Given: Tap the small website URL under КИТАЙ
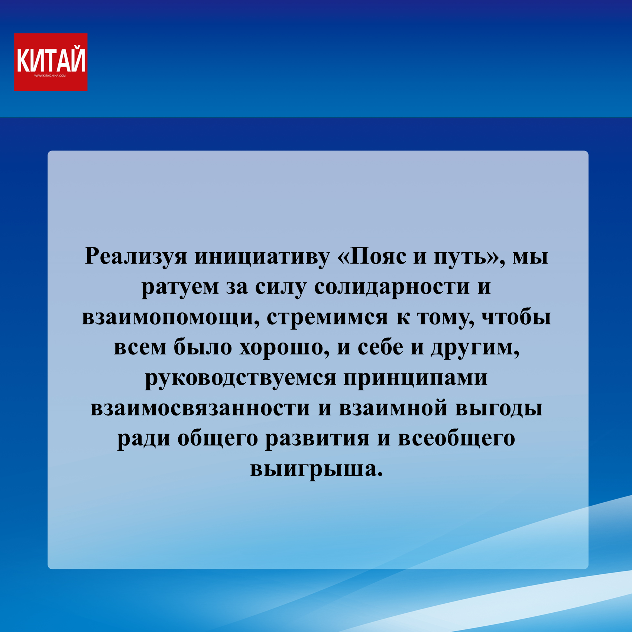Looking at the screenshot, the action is [x=50, y=76].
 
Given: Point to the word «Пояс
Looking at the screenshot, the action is [x=372, y=256].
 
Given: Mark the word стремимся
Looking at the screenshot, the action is [x=327, y=318].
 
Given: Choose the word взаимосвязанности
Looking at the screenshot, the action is [x=200, y=408].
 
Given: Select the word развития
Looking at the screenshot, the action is [x=317, y=438].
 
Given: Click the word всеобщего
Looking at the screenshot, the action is [x=457, y=438].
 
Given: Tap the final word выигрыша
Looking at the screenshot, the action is [x=316, y=469].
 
